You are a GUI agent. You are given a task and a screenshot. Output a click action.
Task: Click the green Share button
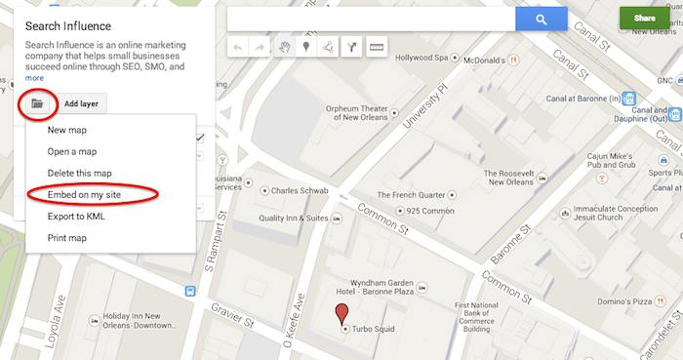point(644,19)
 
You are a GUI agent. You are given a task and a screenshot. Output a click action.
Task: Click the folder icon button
point(37,102)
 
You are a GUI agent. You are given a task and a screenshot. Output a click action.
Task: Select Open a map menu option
point(72,151)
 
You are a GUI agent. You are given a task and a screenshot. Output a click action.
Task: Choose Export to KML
point(76,216)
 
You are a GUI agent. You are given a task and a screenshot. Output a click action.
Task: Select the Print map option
point(67,237)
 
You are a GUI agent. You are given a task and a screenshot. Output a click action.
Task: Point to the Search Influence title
point(68,25)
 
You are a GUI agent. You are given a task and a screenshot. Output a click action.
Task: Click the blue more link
point(34,78)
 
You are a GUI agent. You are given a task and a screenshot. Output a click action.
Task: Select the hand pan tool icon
point(284,47)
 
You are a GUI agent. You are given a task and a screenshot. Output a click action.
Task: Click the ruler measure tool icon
point(376,47)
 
